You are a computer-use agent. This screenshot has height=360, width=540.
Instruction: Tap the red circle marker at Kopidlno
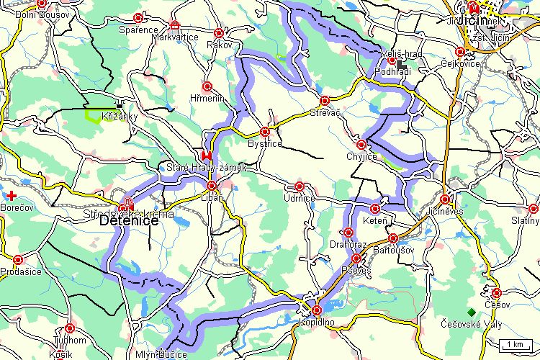pos(317,310)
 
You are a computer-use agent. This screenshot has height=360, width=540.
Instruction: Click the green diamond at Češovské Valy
pos(471,311)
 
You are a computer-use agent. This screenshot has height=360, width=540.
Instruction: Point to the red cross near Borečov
pos(11,195)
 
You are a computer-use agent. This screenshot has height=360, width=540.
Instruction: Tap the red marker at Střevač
pos(325,100)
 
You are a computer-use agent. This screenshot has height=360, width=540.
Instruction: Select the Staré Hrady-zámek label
pos(206,167)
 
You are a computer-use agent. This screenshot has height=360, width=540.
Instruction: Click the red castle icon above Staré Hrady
pos(207,155)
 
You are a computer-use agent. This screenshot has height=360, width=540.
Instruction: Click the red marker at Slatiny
pos(533,209)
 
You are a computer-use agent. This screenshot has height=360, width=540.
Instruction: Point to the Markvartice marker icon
pos(174,24)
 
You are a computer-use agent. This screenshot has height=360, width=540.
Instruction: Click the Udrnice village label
pos(300,197)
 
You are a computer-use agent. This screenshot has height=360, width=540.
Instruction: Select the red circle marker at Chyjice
pos(362,144)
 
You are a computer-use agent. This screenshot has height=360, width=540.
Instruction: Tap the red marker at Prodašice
pos(17,259)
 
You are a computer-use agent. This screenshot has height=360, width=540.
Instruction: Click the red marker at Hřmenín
pos(208,86)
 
